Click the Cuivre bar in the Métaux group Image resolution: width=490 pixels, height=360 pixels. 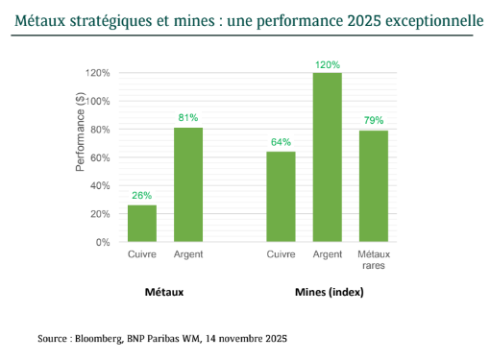coord(142,224)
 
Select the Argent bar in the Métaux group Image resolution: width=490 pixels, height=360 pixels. coord(188,184)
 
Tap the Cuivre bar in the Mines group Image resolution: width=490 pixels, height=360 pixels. coord(281,197)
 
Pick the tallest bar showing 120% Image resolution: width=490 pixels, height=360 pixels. coord(327,157)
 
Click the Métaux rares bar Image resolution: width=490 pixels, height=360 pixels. coord(373,186)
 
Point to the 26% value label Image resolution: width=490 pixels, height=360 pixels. coord(142,196)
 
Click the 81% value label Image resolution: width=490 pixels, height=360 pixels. coord(188,118)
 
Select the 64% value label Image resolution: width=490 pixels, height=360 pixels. coord(281,143)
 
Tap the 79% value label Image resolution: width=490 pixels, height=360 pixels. coord(373,121)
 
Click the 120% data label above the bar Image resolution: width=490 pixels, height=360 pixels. coord(327,64)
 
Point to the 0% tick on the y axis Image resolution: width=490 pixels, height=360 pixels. coord(102,242)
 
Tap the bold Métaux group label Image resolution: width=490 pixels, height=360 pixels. coord(164,291)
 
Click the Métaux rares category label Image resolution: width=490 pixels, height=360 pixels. coord(373,260)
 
